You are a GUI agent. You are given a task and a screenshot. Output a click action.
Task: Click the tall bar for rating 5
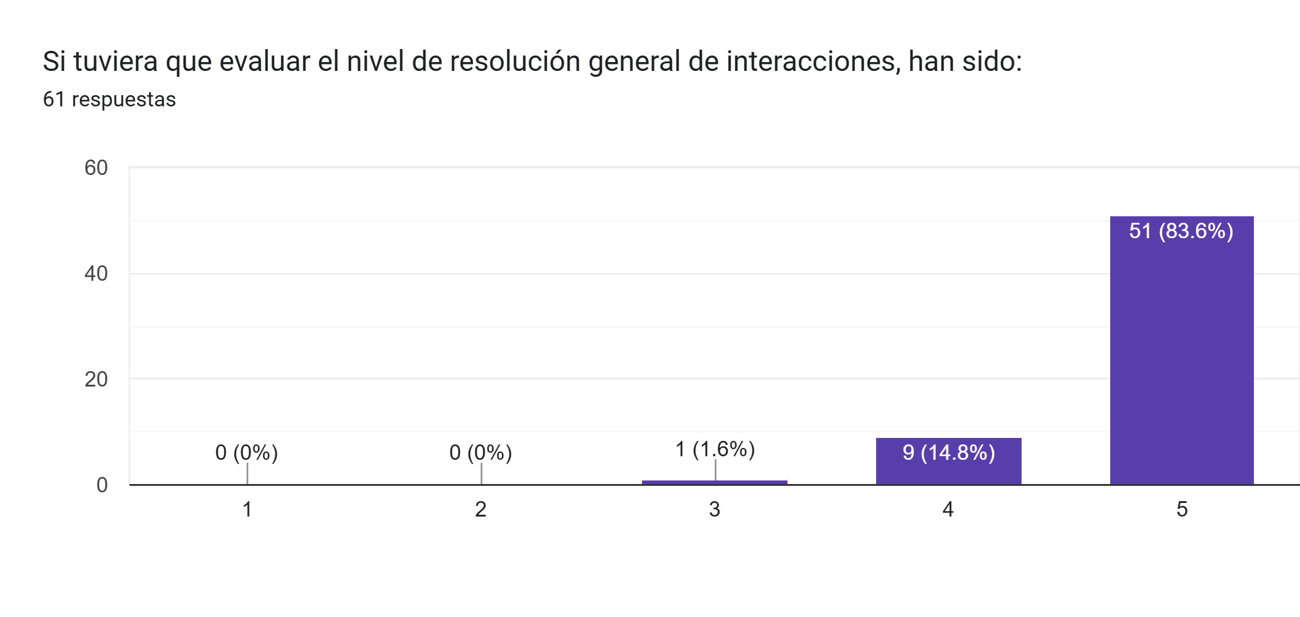pyautogui.click(x=1181, y=355)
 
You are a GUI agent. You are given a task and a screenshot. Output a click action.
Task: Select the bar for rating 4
pyautogui.click(x=948, y=470)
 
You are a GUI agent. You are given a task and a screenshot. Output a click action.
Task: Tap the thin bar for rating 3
pyautogui.click(x=714, y=482)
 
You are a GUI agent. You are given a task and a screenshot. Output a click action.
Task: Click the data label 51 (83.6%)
pyautogui.click(x=1181, y=231)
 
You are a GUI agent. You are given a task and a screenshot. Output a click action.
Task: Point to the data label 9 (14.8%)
pyautogui.click(x=948, y=453)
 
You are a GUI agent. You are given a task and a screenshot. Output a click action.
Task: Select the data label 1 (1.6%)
pyautogui.click(x=715, y=449)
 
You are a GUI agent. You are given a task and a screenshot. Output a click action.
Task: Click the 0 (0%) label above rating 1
pyautogui.click(x=247, y=453)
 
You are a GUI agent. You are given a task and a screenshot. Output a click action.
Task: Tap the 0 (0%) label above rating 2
pyautogui.click(x=481, y=453)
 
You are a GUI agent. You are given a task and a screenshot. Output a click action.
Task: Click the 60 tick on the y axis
pyautogui.click(x=96, y=168)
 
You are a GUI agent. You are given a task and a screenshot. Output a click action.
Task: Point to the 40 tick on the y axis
pyautogui.click(x=96, y=274)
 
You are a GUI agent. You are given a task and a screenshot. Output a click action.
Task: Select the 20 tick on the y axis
pyautogui.click(x=96, y=379)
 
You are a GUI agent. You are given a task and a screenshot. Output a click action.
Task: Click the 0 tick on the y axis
pyautogui.click(x=102, y=485)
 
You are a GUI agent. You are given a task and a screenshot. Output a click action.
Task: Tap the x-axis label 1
pyautogui.click(x=247, y=509)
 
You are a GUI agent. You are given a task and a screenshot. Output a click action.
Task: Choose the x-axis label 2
pyautogui.click(x=481, y=509)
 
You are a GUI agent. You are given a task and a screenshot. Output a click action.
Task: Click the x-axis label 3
pyautogui.click(x=714, y=509)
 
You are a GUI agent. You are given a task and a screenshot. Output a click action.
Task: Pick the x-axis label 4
pyautogui.click(x=948, y=509)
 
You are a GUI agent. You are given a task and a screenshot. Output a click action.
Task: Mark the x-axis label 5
pyautogui.click(x=1182, y=509)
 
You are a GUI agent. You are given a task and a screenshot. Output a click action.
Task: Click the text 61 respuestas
pyautogui.click(x=109, y=99)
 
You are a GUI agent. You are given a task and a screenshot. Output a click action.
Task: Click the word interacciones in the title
pyautogui.click(x=813, y=61)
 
